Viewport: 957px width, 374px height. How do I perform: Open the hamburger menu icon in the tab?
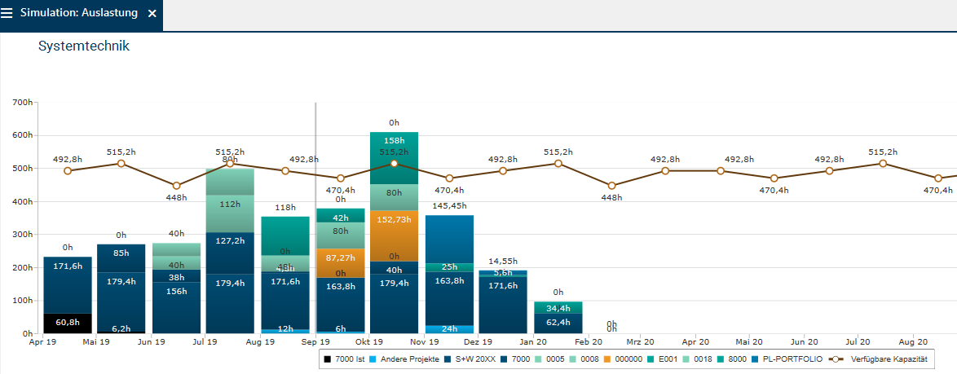coord(7,14)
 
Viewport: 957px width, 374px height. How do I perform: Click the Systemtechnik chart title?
coord(84,46)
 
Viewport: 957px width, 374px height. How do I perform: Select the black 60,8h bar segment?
coord(68,323)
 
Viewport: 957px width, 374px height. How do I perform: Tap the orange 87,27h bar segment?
coord(340,257)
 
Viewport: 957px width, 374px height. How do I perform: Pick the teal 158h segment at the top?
coord(394,150)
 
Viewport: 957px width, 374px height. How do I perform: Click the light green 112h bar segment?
coord(230,205)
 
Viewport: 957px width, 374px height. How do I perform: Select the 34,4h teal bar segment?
coord(558,308)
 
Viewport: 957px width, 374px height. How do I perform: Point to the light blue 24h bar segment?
coord(449,329)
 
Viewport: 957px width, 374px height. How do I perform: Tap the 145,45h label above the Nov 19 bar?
coord(449,206)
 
